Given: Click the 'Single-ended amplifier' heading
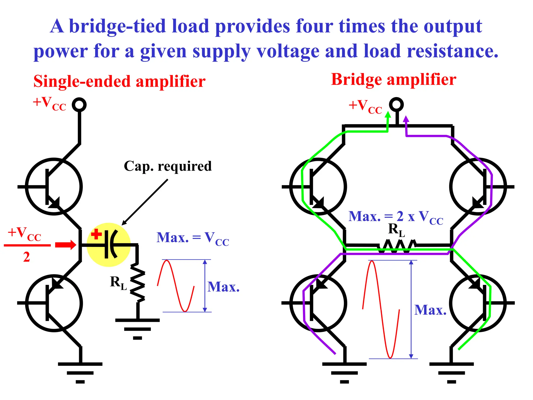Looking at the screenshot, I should coord(119,82).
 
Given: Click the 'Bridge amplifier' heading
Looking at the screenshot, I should coord(393,79).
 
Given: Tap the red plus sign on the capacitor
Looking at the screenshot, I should coord(96,234).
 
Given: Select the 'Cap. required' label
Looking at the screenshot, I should coord(168,166).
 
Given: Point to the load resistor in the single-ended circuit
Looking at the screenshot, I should coord(137,283).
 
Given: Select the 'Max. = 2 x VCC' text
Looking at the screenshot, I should coord(395,217).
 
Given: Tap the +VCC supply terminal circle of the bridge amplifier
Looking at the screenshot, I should coord(396,105).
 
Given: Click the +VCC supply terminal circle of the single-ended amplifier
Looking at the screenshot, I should coord(79,105).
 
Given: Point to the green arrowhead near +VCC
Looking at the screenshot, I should coord(388,115).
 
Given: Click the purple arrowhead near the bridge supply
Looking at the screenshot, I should coord(406,119).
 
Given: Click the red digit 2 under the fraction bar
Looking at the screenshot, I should coord(27,257).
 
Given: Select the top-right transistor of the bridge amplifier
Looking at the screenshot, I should coord(478,186).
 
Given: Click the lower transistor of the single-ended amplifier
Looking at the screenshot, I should coord(54,303).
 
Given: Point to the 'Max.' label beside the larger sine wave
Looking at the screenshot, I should coord(430,310).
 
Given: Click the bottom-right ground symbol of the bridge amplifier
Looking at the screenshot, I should coord(451,372).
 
